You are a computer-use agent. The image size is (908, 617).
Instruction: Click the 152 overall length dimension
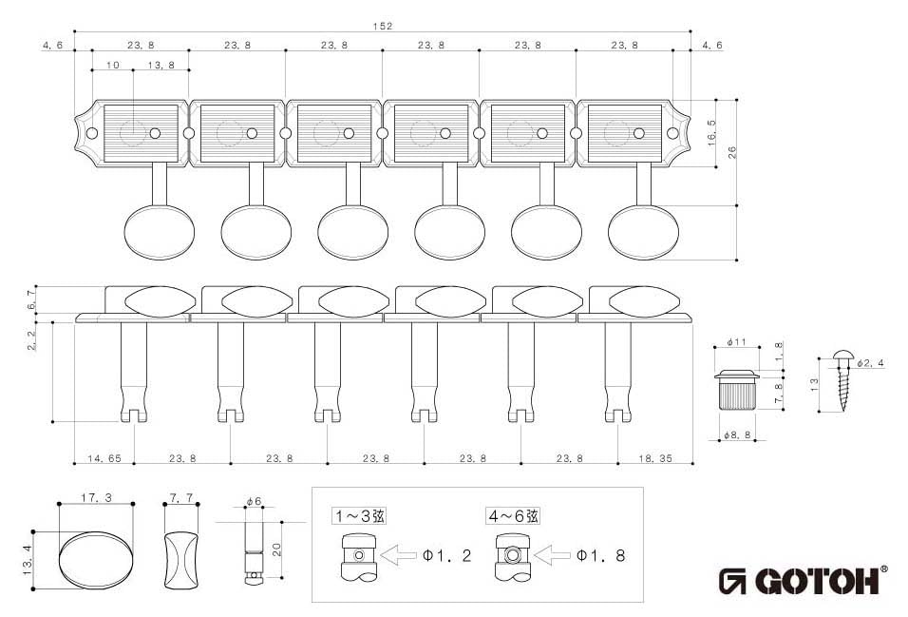pos(383,26)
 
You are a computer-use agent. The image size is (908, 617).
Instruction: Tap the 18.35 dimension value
pos(655,458)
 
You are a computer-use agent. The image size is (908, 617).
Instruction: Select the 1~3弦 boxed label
pos(359,516)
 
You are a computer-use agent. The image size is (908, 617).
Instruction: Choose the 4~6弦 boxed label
pos(515,516)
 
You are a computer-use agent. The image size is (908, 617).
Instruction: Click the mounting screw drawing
pos(843,380)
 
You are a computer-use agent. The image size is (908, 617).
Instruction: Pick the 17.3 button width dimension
pos(96,497)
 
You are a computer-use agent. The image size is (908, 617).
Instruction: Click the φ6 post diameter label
pos(253,501)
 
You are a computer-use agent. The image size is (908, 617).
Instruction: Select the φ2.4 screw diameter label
pos(870,364)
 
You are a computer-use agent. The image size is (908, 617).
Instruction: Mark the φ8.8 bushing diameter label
pos(737,435)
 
